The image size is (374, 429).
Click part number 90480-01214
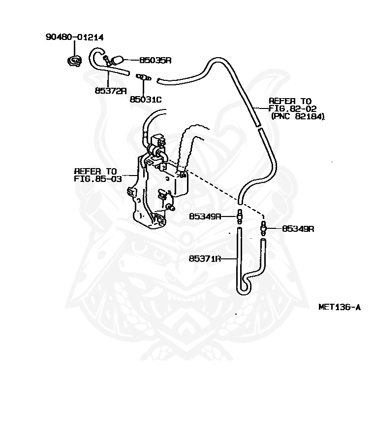pos(74,37)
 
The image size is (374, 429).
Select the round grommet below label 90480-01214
pos(74,61)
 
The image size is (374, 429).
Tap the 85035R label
pos(156,60)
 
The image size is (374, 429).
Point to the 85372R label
pos(111,91)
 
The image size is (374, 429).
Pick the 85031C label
pos(146,99)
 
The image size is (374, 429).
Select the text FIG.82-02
pos(293,108)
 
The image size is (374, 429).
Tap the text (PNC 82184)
pos(298,116)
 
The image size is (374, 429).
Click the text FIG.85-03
pos(98,179)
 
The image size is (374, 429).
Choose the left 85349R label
pos(205,216)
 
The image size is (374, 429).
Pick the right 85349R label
pos(298,228)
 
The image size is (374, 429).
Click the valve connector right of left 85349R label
pos(240,216)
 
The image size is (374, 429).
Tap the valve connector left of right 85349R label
pos(264,227)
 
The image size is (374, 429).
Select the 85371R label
pos(205,258)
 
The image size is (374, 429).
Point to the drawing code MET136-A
pos(340,307)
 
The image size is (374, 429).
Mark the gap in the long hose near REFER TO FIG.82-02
pos(258,127)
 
